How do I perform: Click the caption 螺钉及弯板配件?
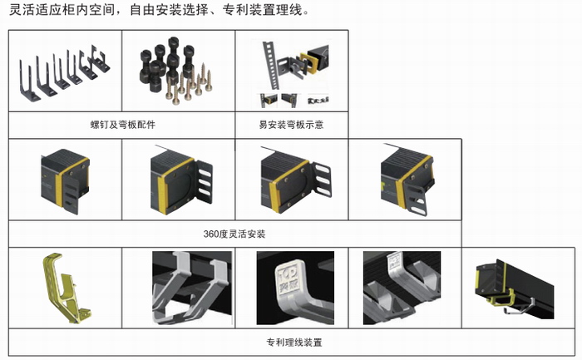[x=123, y=125]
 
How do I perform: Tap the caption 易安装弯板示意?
[x=291, y=125]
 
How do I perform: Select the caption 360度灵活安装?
[x=234, y=234]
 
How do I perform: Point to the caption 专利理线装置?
[x=294, y=342]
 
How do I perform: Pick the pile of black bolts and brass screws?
[x=175, y=70]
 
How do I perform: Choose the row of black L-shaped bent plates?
[x=63, y=73]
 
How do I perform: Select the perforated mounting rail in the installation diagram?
[x=270, y=65]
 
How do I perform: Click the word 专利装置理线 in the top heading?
[x=262, y=10]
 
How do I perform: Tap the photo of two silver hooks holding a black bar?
[x=192, y=288]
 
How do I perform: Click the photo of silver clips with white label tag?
[x=402, y=288]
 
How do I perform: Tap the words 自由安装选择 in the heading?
[x=169, y=10]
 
